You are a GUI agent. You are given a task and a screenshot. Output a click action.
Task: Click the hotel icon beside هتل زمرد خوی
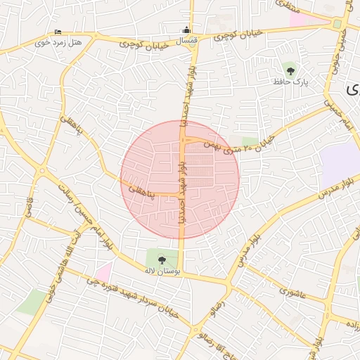pos(58,32)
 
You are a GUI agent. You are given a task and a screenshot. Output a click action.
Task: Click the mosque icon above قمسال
pos(186,30)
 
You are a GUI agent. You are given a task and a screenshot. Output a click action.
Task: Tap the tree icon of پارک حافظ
pos(290,69)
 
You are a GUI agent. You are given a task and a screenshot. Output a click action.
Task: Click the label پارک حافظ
pos(290,82)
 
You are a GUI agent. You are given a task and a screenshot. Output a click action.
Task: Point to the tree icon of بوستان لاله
pos(162,259)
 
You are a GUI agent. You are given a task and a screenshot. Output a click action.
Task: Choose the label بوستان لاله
pos(162,271)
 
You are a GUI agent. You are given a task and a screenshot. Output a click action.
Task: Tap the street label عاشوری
pos(291,290)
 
